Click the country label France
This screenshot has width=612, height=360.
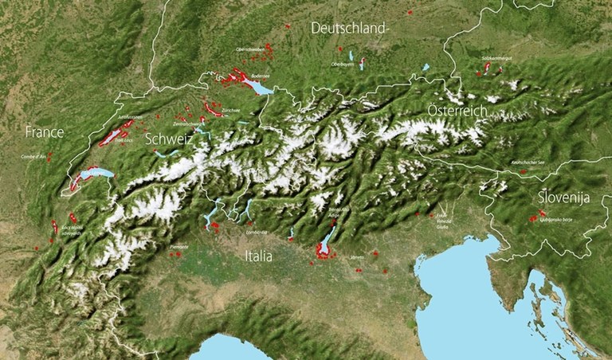tap(44, 131)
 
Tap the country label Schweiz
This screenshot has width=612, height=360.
tap(170, 139)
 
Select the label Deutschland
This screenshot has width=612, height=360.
tap(348, 28)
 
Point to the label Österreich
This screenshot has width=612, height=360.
tap(457, 111)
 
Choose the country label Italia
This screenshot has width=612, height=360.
tap(259, 256)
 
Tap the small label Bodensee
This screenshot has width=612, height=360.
tap(261, 76)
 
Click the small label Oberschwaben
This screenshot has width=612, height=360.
tap(250, 49)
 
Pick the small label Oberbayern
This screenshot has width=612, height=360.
tap(342, 64)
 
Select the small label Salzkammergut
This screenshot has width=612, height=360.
tap(496, 59)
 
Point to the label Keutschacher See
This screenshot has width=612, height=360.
tap(523, 162)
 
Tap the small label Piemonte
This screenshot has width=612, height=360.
tap(179, 247)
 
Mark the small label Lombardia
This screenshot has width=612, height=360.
tap(257, 232)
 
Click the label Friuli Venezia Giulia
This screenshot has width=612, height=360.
tap(443, 221)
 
